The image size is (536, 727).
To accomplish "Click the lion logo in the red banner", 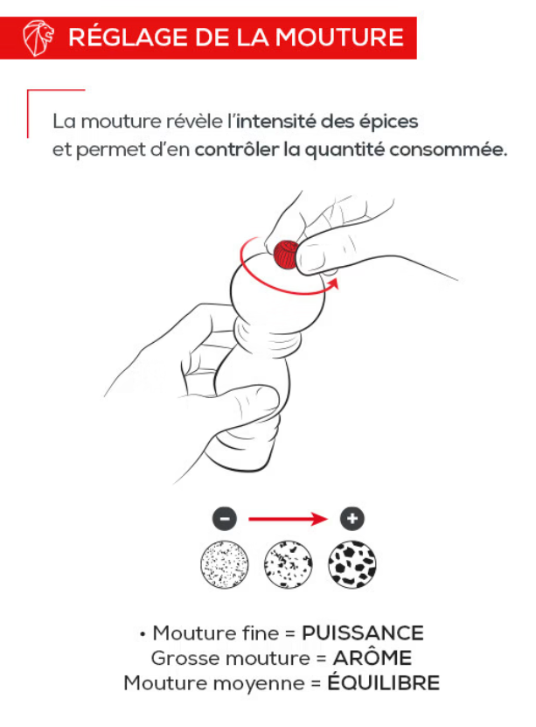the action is tap(38, 38).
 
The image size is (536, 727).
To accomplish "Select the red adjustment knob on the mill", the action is tap(285, 255).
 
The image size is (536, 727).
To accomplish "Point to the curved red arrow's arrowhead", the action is tap(333, 283).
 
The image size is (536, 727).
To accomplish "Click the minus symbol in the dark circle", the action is tap(225, 519).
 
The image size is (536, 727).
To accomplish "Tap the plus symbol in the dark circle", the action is tap(352, 519).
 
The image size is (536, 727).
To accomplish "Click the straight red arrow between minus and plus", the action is tap(289, 519).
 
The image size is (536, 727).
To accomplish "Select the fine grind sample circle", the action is tap(225, 564).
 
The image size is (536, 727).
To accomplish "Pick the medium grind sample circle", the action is tap(289, 564).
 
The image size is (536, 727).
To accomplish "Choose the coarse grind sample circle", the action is tap(352, 564).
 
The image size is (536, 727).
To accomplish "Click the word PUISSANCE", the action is tap(363, 633).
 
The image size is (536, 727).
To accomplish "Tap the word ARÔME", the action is tap(372, 658).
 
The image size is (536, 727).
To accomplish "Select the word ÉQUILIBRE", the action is tap(384, 682).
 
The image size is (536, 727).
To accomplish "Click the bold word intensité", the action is tap(276, 121).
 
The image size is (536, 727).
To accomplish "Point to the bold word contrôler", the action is tap(237, 150).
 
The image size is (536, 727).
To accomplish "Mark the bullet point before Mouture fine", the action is tap(143, 633).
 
